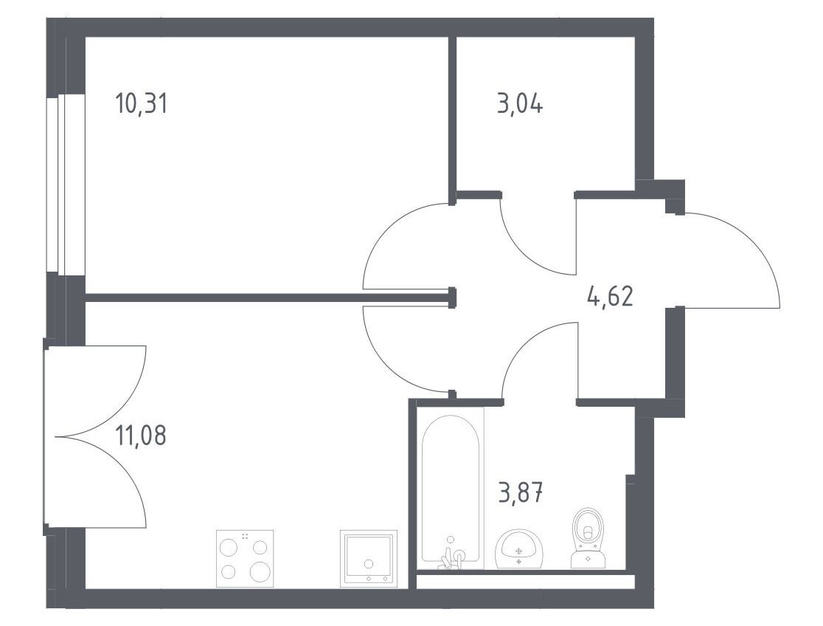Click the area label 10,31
pos(141,103)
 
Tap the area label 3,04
pos(520,103)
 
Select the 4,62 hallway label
pos(610,296)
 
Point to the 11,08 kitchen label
pos(141,436)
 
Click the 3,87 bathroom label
pos(520,492)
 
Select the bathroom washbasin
pos(518,548)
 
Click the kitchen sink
pos(368,557)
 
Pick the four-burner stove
pos(245,558)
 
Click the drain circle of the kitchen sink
pos(369,564)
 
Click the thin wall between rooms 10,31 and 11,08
pos(268,297)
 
